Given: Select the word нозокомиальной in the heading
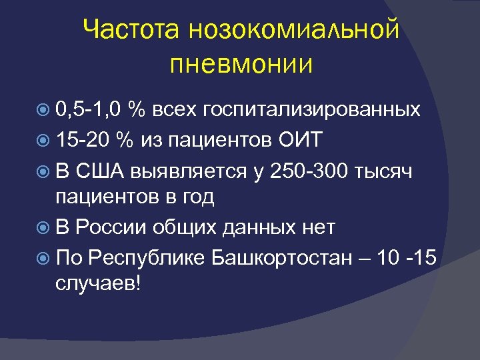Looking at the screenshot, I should coord(293,30).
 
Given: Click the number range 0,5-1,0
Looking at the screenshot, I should coord(89,109).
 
